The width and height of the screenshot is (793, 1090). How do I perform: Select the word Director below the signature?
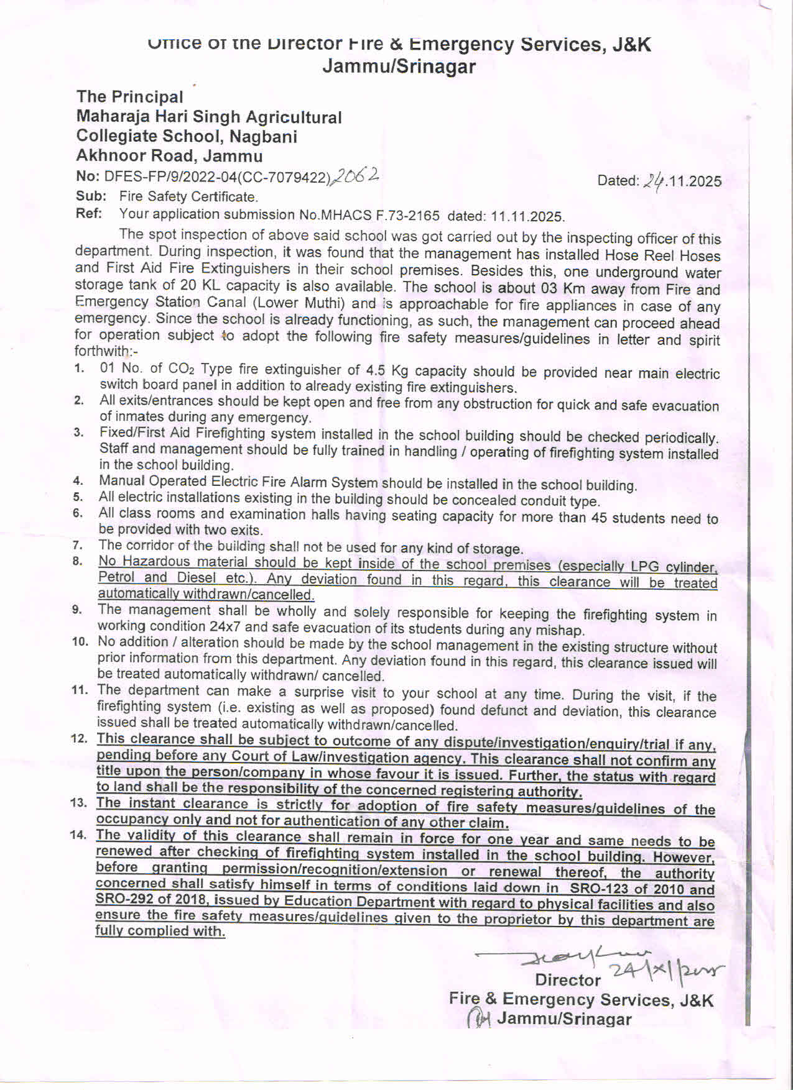tap(568, 980)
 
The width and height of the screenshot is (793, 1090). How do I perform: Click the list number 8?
tap(78, 562)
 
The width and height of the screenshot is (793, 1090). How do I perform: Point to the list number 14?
tap(78, 835)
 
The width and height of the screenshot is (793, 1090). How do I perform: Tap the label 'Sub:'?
tap(91, 196)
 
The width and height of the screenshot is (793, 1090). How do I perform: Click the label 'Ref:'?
tap(89, 214)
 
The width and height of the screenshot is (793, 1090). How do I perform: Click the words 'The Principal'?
tap(129, 97)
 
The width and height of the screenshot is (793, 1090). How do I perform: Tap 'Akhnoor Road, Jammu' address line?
tap(169, 156)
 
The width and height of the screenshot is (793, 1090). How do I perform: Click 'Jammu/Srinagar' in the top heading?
tap(399, 66)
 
